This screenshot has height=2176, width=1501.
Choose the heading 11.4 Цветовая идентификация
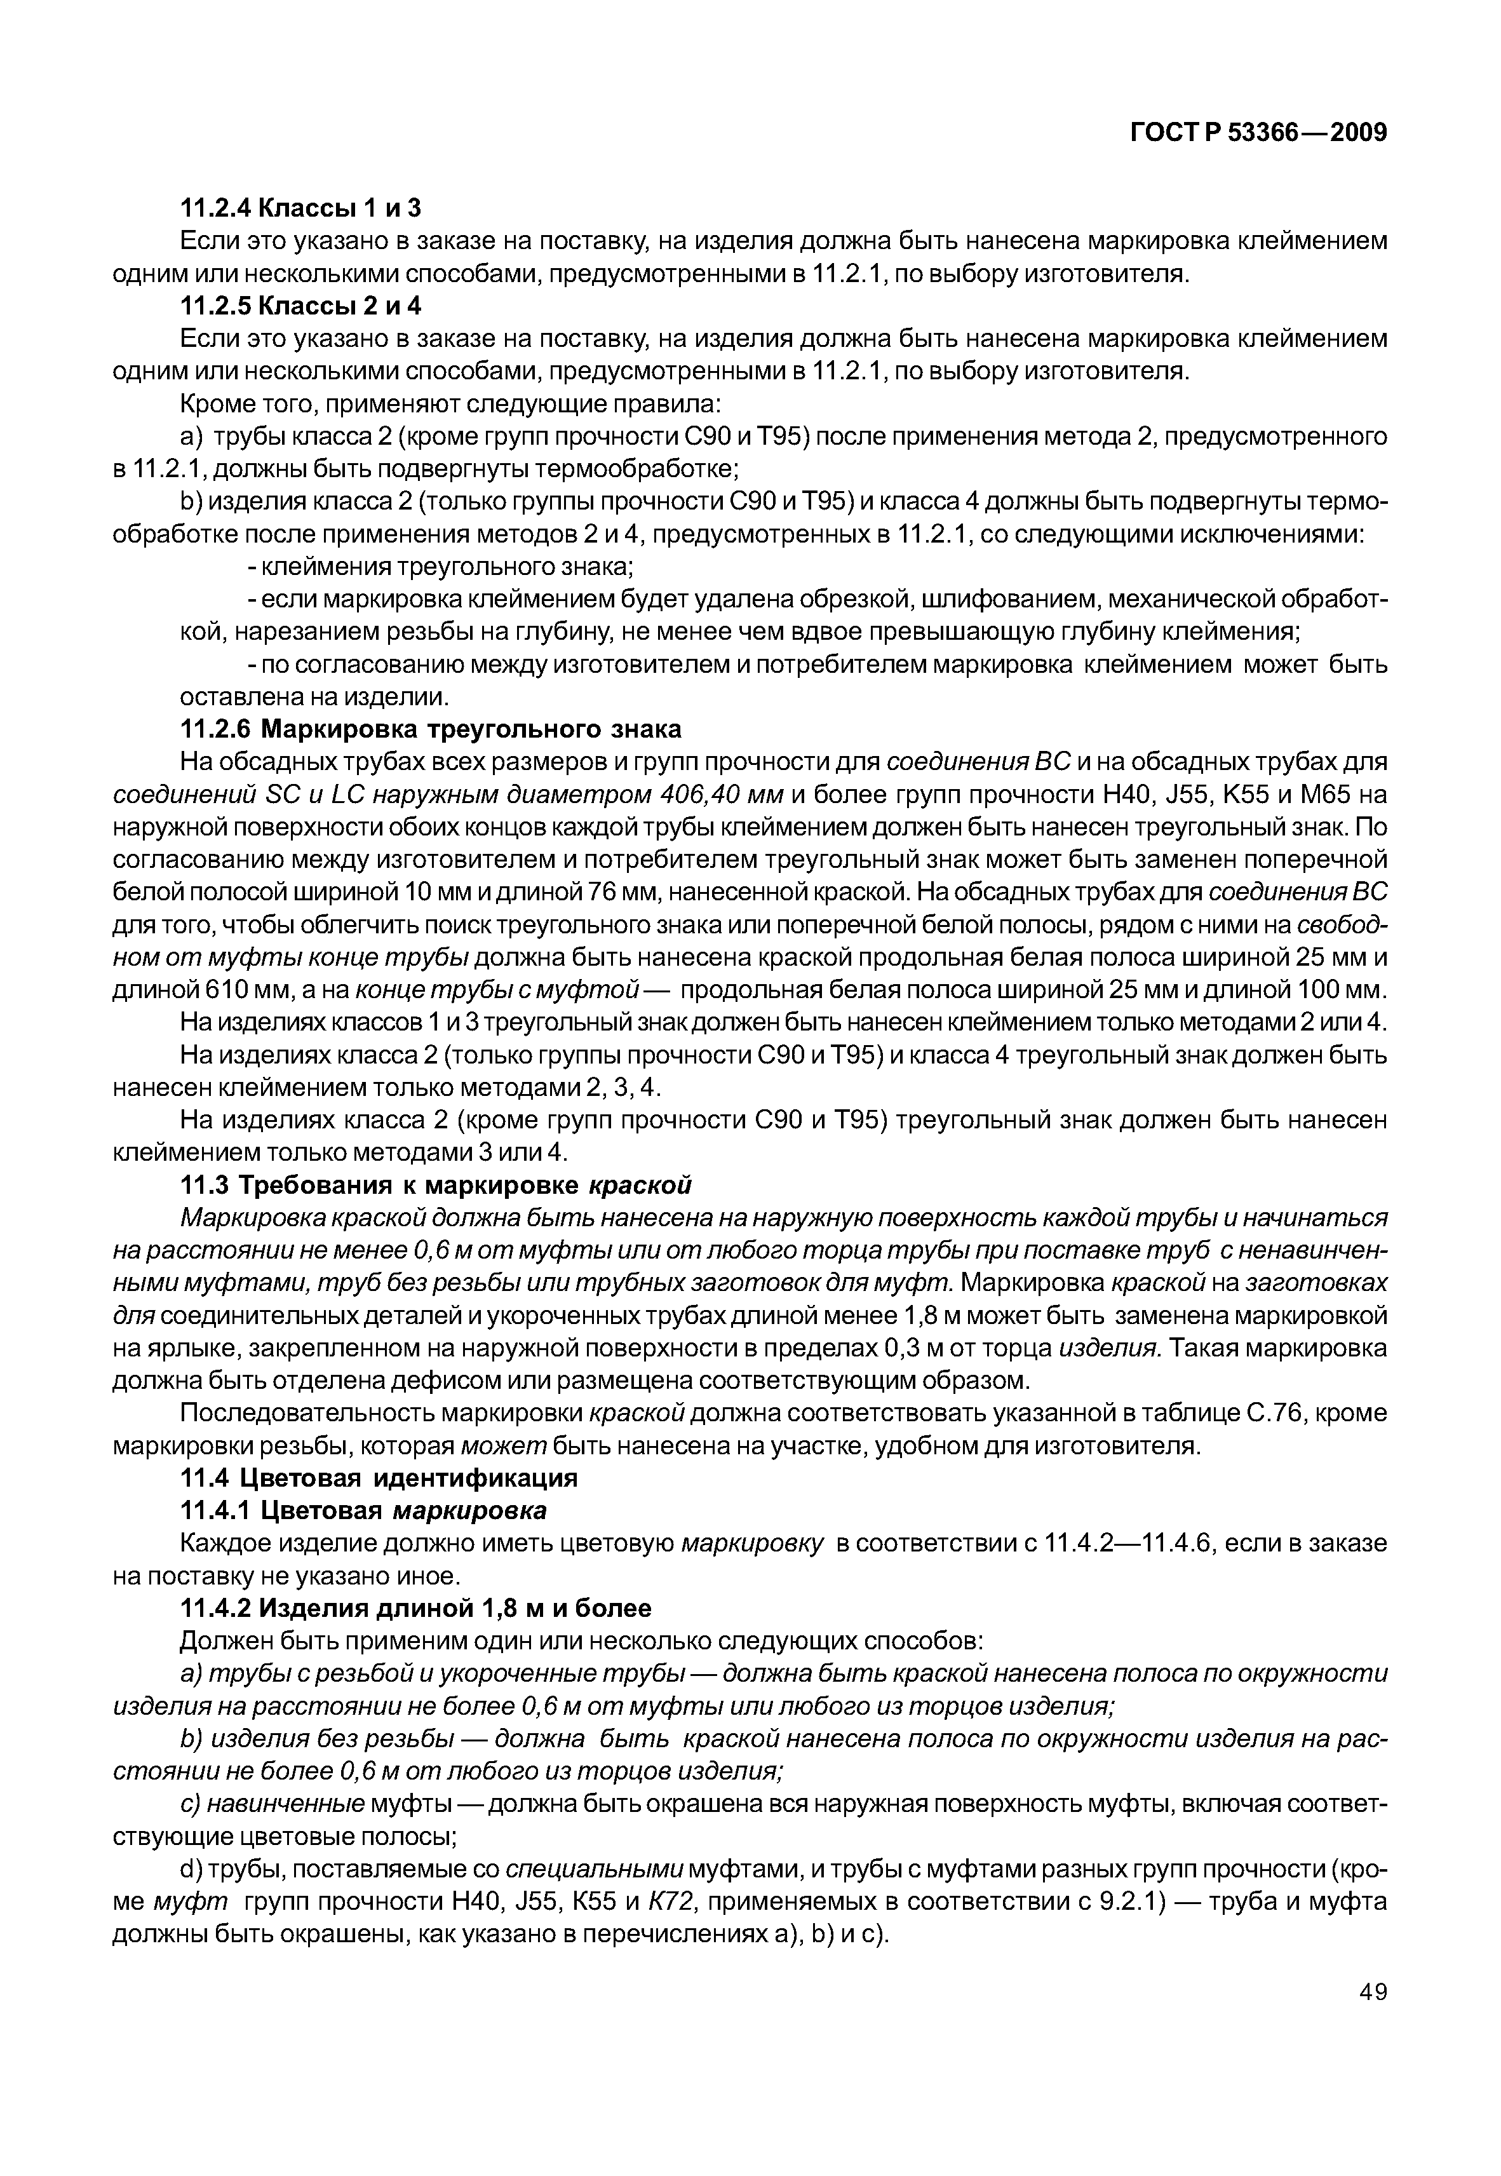pyautogui.click(x=378, y=1478)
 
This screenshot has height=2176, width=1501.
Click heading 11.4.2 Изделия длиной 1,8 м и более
pyautogui.click(x=415, y=1608)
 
